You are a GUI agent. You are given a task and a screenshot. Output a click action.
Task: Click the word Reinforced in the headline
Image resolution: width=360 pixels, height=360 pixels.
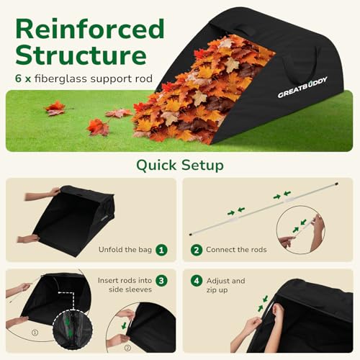pos(90,29)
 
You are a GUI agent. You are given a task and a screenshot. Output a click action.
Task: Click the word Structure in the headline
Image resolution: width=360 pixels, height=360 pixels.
pos(81,55)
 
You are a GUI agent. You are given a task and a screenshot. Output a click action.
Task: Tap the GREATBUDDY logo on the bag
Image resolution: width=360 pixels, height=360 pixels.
pos(302,87)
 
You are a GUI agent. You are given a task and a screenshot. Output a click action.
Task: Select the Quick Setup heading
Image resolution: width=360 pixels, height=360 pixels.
pos(180,165)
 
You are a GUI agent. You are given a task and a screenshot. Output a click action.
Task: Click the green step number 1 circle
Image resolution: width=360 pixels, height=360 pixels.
pos(161,250)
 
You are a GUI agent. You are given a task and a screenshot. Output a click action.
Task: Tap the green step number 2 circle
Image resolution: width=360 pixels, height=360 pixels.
pos(197,250)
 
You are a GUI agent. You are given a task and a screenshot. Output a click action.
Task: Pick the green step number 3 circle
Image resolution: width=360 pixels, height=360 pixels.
pos(161,281)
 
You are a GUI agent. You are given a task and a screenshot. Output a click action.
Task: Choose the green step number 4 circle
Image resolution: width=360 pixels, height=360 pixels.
pos(197,281)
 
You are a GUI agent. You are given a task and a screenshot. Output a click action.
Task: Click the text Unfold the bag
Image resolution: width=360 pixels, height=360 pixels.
pos(125,250)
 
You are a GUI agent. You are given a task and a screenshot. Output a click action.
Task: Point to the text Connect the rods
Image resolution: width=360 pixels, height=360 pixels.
pos(236,250)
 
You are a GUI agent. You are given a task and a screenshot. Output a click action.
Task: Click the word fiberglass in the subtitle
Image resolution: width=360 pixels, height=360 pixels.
pos(60,78)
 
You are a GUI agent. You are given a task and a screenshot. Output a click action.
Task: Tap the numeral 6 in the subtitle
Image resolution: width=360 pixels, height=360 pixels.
pos(18,78)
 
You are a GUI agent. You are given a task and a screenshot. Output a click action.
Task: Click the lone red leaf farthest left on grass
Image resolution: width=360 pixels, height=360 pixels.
pos(55,109)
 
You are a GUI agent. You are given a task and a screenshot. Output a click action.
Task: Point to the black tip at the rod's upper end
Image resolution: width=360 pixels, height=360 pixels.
pos(337,184)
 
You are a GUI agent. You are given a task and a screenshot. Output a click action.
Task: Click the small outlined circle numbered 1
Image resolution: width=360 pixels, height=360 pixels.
pos(35,333)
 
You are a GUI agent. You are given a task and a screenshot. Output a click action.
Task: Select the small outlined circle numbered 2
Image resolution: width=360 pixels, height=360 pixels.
pos(127,348)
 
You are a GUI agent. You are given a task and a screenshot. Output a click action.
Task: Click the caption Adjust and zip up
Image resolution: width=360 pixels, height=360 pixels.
pos(225,285)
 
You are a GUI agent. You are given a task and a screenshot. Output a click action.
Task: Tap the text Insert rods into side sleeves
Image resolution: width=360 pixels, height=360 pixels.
pos(125,285)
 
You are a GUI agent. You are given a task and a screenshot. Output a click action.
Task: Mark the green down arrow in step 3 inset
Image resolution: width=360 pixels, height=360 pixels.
pos(124,325)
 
